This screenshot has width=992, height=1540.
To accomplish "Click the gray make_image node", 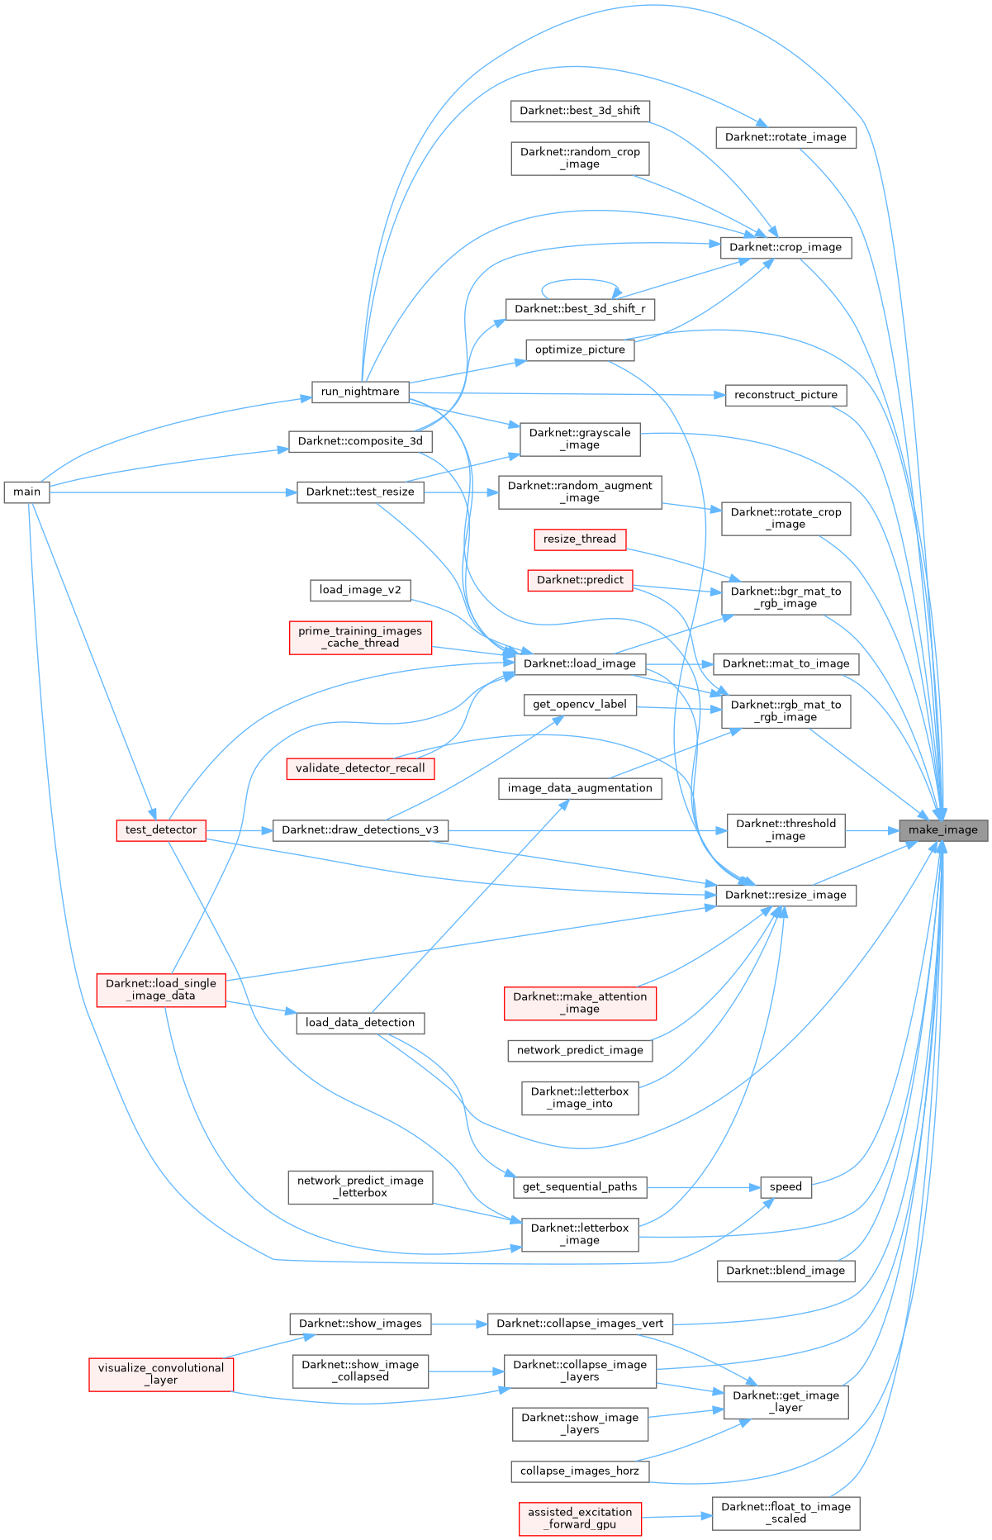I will pos(943,830).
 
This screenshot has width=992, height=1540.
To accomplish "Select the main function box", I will pos(26,492).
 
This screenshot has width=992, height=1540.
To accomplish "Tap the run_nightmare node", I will pos(360,392).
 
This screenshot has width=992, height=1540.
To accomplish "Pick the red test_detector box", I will pos(161,830).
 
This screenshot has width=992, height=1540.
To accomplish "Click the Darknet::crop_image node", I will pos(786,247).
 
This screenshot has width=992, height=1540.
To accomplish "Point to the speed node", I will pos(786,1187).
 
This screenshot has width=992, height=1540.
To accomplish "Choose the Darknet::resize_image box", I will pos(786,895).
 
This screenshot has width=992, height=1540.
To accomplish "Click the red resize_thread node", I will pos(580,539).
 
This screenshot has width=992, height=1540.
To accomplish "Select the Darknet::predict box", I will pos(580,580).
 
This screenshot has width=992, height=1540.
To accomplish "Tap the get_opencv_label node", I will pos(580,705).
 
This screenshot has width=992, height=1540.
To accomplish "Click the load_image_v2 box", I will pos(360,590).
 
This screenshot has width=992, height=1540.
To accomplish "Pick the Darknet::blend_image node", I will pos(786,1271).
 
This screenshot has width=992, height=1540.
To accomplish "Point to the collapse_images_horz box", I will pos(580,1471).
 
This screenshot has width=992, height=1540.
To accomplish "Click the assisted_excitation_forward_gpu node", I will pos(580,1519).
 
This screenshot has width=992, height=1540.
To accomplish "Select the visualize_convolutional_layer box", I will pos(161,1374).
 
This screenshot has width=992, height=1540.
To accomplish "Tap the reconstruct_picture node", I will pos(786,395).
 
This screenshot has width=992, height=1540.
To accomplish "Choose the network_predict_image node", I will pos(580,1050).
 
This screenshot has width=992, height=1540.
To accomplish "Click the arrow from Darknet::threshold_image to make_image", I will pos(871,830).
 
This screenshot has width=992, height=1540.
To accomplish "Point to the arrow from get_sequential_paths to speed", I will pos(702,1187).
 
